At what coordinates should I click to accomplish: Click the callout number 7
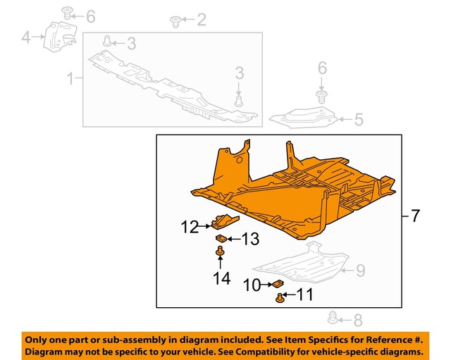[416, 216]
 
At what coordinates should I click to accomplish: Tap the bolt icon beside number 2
[176, 22]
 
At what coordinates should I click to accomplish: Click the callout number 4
[26, 37]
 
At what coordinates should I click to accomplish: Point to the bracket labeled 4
[56, 35]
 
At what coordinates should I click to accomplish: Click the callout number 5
[359, 119]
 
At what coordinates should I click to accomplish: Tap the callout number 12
[190, 227]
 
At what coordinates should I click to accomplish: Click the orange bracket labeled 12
[221, 222]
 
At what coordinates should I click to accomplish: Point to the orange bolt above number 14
[221, 251]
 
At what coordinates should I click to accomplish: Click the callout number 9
[359, 268]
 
